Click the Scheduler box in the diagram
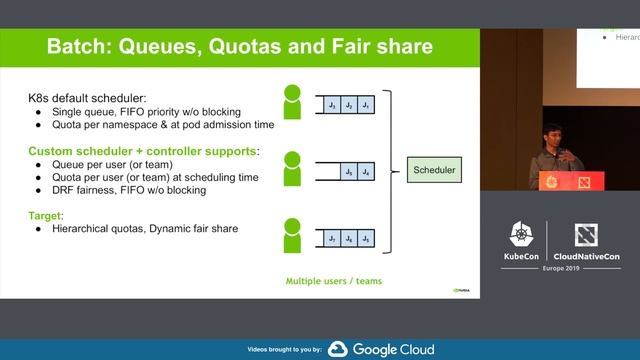tap(434, 172)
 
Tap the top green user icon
tap(292, 103)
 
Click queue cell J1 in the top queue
tap(366, 105)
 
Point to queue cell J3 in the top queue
tap(330, 105)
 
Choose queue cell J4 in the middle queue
tap(366, 172)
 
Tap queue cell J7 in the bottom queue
tap(330, 239)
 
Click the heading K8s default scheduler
tap(87, 100)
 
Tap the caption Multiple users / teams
tap(332, 281)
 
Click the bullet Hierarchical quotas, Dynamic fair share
tap(142, 228)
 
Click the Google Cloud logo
tap(383, 349)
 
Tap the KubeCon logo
tap(521, 243)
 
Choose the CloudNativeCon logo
tap(586, 243)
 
